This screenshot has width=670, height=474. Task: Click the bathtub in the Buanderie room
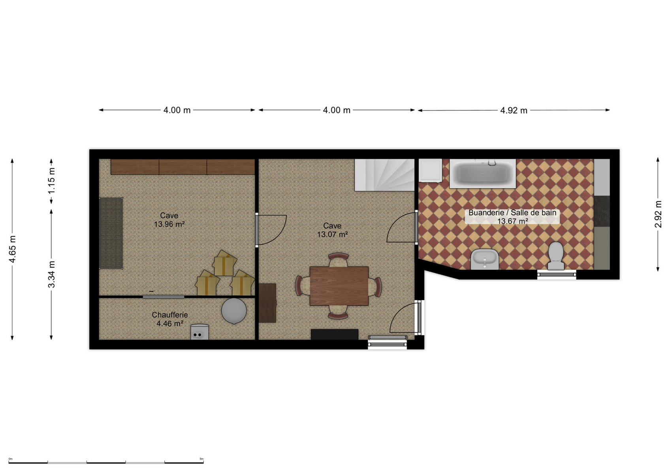(482, 173)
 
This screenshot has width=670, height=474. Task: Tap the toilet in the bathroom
(556, 256)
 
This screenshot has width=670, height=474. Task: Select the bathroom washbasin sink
(485, 259)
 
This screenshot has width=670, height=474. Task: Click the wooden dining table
(339, 286)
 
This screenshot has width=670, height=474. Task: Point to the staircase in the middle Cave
(384, 175)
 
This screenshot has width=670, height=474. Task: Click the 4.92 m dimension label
(514, 110)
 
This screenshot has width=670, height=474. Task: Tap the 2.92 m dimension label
(658, 214)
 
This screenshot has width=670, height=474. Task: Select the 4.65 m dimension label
(12, 249)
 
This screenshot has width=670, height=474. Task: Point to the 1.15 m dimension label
(51, 181)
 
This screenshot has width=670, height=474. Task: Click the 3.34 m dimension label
(51, 274)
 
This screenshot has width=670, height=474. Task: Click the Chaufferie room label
(169, 314)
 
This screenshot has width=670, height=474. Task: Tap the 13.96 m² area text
(169, 224)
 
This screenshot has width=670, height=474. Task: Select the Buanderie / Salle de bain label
(512, 213)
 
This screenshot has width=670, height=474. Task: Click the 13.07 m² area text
(332, 234)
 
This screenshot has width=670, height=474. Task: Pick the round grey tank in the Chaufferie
(234, 311)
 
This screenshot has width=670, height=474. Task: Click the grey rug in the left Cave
(111, 233)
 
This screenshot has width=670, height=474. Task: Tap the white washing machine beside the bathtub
(430, 171)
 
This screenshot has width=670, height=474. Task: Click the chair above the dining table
(338, 260)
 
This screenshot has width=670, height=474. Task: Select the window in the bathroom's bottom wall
(557, 274)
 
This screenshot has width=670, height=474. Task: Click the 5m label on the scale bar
(201, 459)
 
